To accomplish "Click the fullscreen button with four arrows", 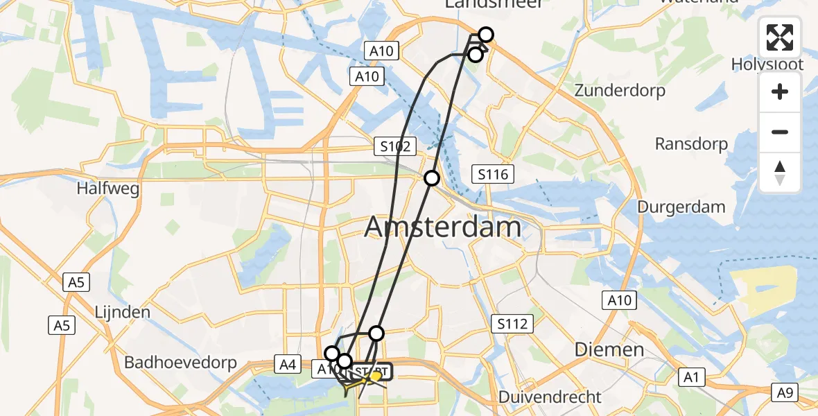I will (780, 37).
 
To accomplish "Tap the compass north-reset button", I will (780, 172).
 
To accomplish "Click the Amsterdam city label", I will (442, 227).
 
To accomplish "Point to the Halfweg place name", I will (108, 188).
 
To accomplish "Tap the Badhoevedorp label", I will (180, 362).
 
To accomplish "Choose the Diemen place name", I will (609, 349).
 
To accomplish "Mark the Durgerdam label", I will (681, 207).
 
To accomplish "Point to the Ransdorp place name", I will (692, 144).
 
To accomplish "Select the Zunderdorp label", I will (620, 90).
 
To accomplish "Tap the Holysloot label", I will (767, 64).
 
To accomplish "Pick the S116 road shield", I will (493, 174).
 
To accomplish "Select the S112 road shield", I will (512, 323).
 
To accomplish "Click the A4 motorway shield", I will (287, 363).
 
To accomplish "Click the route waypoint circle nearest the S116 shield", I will (432, 178).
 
